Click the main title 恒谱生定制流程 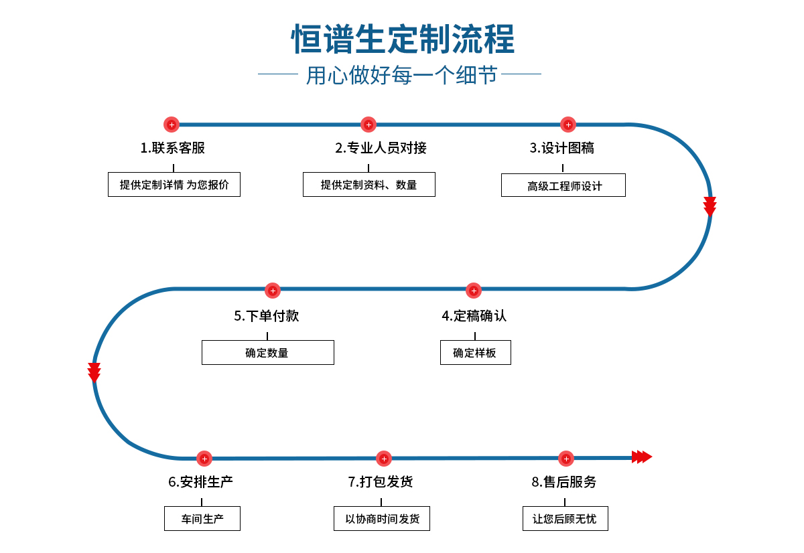coord(403,39)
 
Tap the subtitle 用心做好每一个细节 coord(402,75)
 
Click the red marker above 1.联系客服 coord(172,125)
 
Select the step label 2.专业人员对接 coord(381,148)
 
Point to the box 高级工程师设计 coord(563,185)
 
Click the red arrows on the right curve coord(710,206)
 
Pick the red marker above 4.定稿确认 coord(474,291)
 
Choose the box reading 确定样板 coord(475,353)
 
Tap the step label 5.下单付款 coord(267,316)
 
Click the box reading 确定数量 coord(267,353)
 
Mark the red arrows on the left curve coord(94,372)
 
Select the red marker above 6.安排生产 coord(204,459)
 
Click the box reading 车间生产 coord(202,519)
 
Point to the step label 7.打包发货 coord(381,482)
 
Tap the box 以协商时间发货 coord(382,519)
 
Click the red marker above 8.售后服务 coord(566,459)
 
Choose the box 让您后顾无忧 coord(565,519)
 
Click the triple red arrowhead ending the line coord(641,457)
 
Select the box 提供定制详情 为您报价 coord(174,185)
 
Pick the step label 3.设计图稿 coord(562,148)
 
